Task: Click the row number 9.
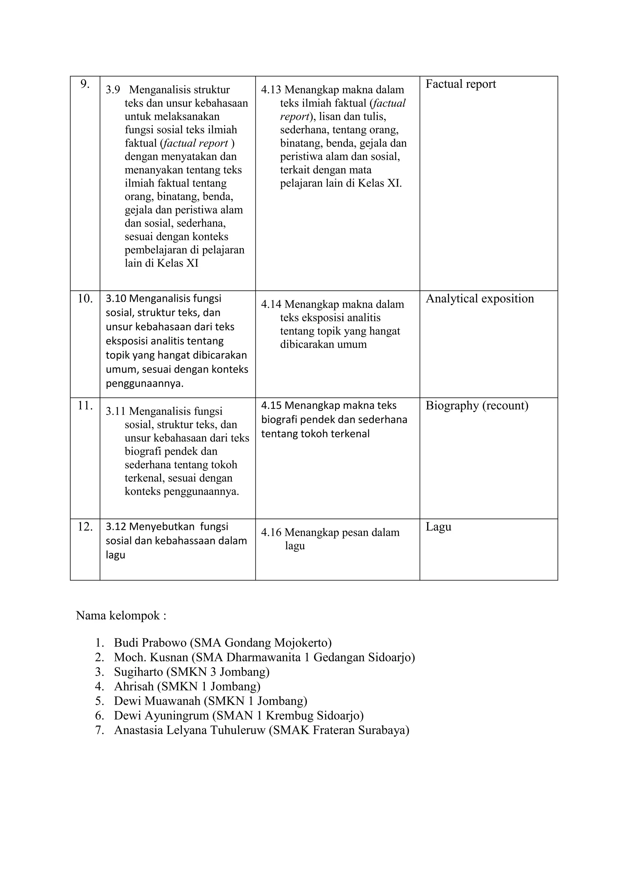85,84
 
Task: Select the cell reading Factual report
461,84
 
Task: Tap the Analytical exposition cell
480,299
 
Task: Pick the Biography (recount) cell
477,405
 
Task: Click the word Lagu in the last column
438,527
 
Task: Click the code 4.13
271,90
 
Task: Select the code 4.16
271,533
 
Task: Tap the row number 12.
85,527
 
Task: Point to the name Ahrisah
134,687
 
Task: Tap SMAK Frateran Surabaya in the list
339,730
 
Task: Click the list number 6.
99,715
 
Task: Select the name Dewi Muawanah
157,701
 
